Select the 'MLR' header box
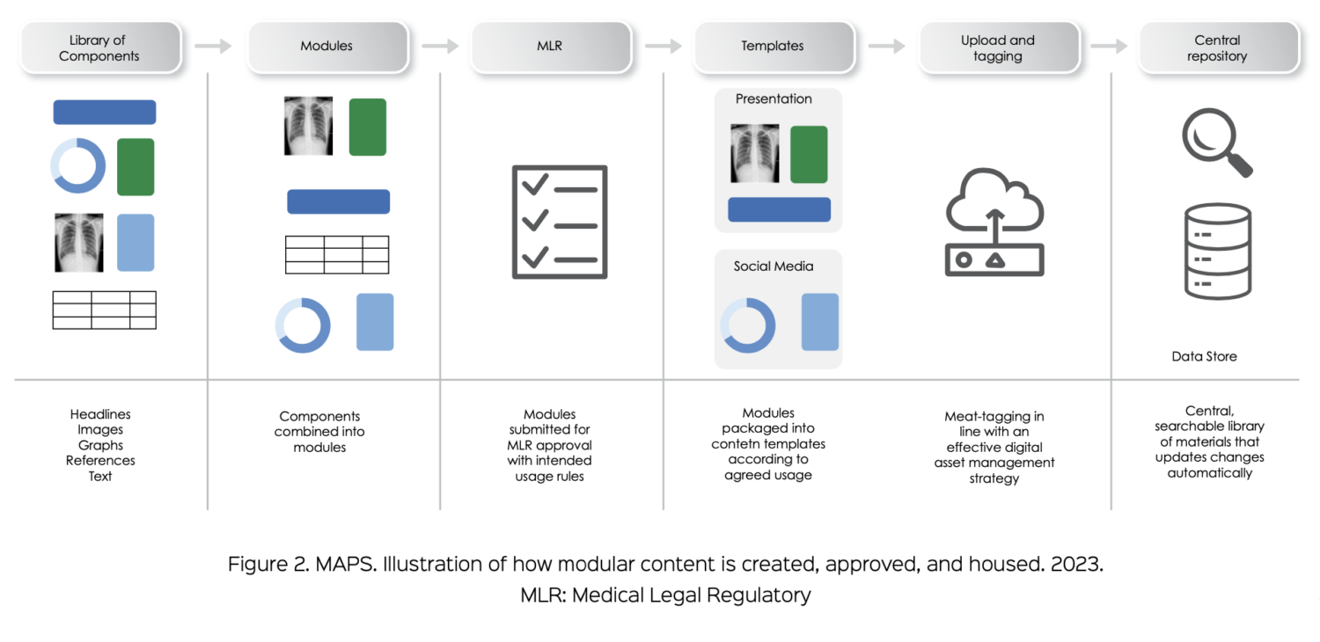click(549, 47)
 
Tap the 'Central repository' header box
click(1217, 47)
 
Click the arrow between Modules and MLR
click(441, 46)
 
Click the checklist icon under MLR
click(560, 222)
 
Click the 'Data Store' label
click(1204, 356)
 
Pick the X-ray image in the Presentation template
click(754, 153)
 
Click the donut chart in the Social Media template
click(748, 326)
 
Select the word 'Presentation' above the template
click(774, 98)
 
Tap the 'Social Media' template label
click(774, 266)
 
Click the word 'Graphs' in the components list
click(100, 445)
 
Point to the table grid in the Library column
click(104, 310)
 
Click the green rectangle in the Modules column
click(368, 127)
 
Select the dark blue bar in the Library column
click(104, 112)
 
